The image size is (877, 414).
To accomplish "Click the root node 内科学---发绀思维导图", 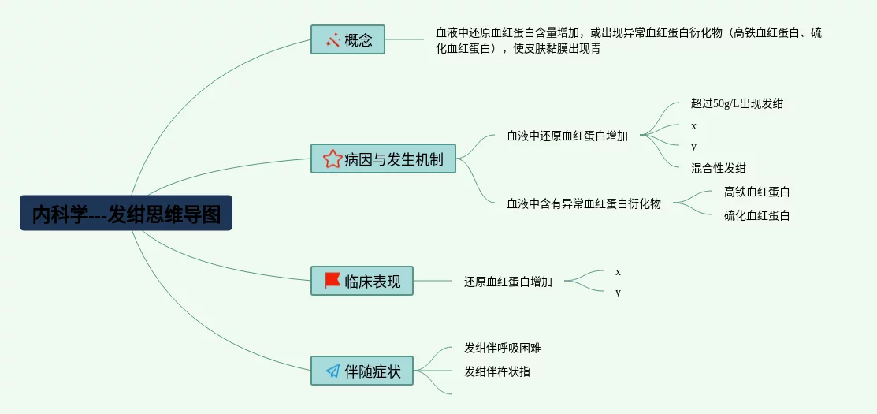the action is click(126, 213).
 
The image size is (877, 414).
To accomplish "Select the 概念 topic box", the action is click(347, 39).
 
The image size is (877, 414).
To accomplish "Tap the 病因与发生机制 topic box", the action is click(383, 159).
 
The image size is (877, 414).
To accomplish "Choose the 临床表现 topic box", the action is click(362, 281).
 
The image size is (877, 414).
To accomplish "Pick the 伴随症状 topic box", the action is click(362, 371).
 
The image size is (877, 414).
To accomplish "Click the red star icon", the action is click(332, 159).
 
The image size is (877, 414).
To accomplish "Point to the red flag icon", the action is click(332, 281).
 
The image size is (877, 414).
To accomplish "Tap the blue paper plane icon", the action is click(332, 371).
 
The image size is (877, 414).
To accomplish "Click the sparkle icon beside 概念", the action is click(333, 39).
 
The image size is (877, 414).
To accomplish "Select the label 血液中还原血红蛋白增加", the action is click(567, 136).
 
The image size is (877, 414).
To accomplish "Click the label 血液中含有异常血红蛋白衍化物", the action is click(584, 203).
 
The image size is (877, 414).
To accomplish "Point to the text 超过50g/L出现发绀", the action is click(737, 103).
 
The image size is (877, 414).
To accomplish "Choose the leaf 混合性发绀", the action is click(719, 168).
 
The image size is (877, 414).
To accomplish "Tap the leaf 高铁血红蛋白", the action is click(756, 192).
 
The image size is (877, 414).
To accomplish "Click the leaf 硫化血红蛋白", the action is click(756, 215).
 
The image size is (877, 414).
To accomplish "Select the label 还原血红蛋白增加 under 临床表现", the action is click(508, 282).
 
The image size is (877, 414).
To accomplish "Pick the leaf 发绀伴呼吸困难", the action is click(503, 348).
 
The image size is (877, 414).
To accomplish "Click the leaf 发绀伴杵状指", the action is click(497, 371).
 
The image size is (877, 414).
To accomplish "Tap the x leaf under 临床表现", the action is click(619, 272).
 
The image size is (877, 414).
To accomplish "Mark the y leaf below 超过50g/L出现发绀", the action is click(694, 147).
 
